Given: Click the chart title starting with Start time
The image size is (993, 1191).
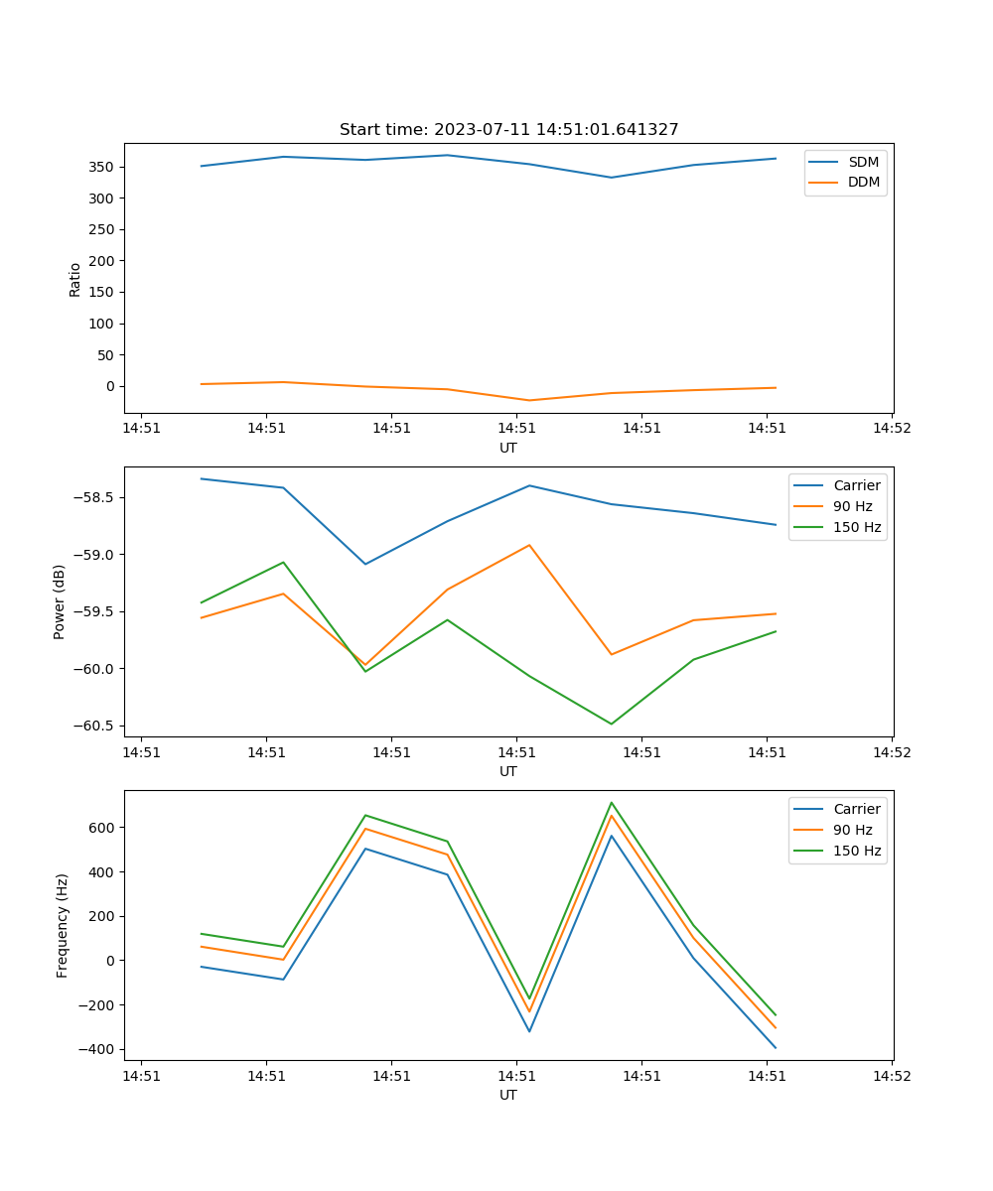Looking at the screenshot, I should (x=508, y=130).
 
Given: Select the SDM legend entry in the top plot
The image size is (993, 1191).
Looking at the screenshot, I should (x=863, y=162).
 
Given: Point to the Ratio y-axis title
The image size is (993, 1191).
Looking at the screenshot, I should (x=75, y=279).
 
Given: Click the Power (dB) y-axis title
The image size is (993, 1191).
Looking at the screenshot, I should (x=60, y=601).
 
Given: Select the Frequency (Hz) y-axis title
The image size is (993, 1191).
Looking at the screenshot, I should (x=63, y=925).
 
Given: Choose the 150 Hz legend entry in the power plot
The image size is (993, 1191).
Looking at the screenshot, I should (x=857, y=527).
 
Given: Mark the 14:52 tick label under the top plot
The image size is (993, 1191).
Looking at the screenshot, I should (x=891, y=429).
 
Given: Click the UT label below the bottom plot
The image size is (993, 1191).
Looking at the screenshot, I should (x=508, y=1095).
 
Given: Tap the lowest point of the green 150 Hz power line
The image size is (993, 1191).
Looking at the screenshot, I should (x=611, y=724).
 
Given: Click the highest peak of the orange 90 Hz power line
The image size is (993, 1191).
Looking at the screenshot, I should (x=529, y=545).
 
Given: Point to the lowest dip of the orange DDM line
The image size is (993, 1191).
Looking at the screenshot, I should (x=529, y=400).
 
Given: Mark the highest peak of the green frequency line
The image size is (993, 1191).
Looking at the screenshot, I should (x=612, y=803).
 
